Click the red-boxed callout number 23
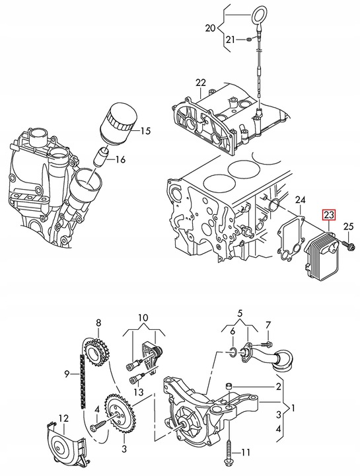329,215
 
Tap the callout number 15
145,131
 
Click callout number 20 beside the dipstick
211,28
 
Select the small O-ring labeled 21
247,41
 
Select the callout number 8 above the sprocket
98,323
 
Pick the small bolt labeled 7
268,344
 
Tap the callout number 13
138,392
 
